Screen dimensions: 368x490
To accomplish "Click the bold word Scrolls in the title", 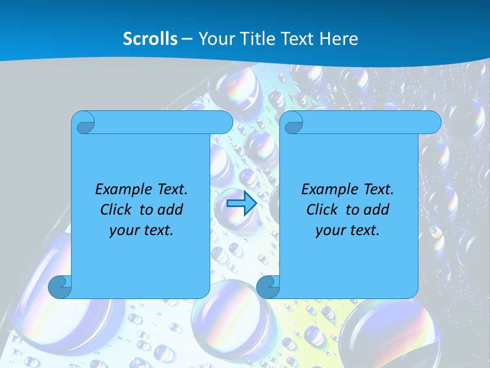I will pyautogui.click(x=151, y=39).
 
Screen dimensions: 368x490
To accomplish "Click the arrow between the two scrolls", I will pyautogui.click(x=241, y=203).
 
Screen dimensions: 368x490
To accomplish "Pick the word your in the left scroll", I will pyautogui.click(x=123, y=231).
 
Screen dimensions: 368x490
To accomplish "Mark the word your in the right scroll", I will pyautogui.click(x=329, y=231).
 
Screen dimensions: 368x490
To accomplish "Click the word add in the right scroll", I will pyautogui.click(x=377, y=210).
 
